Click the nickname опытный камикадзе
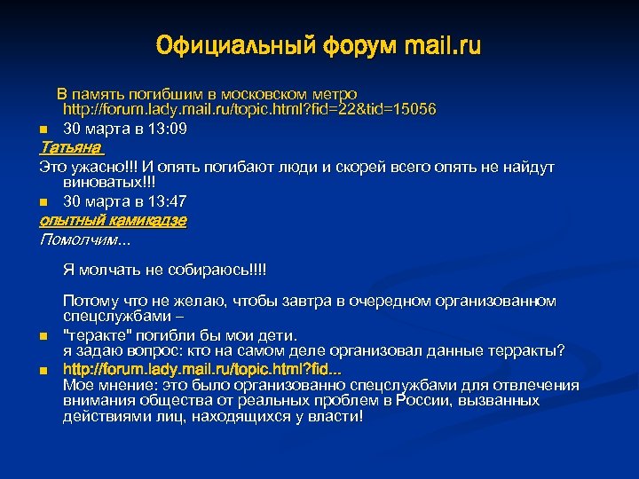tap(113, 220)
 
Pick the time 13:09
tap(167, 129)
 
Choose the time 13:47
tap(167, 202)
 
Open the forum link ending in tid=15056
tap(249, 110)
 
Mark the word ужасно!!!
tap(105, 166)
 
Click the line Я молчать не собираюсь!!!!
tap(164, 270)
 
